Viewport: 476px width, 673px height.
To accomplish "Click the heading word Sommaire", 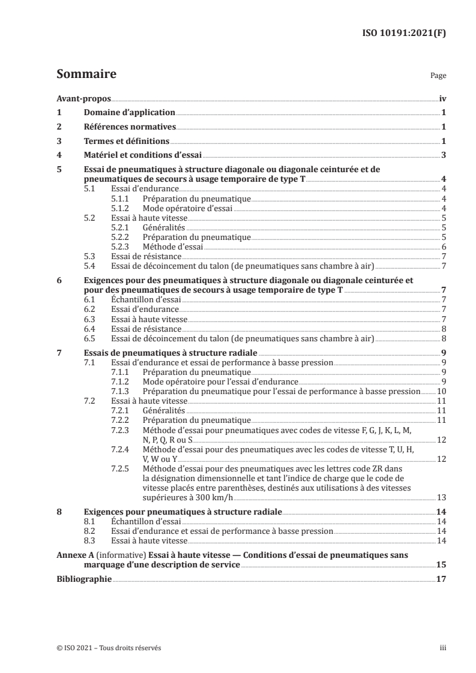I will point(86,75).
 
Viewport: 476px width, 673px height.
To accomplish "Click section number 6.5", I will point(91,339).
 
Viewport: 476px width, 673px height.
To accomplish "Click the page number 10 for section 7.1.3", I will point(441,391).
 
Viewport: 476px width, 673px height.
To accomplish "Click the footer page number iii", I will point(442,648).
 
